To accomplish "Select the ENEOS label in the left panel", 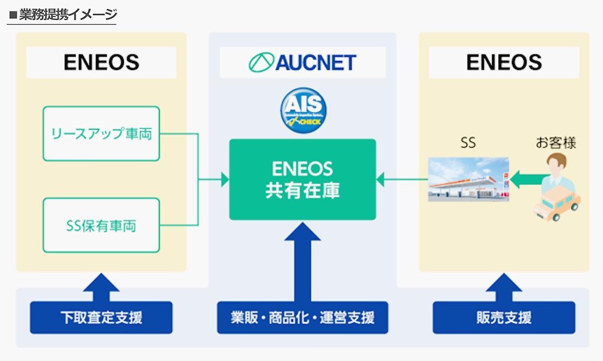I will click(x=101, y=62).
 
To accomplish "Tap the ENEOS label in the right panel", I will click(x=504, y=62).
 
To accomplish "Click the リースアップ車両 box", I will click(x=101, y=134).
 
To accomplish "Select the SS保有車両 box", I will click(x=101, y=226).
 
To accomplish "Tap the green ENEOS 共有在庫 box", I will click(x=303, y=179).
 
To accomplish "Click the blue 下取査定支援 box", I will click(x=101, y=317).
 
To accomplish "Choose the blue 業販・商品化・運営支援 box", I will click(x=303, y=317).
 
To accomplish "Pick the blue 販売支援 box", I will click(x=504, y=317).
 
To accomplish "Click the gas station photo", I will click(x=468, y=179).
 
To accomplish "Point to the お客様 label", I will click(x=556, y=142).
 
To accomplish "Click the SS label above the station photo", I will click(x=468, y=143).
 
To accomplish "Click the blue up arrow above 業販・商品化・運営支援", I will click(x=303, y=258).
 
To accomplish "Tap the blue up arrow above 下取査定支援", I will click(x=101, y=287).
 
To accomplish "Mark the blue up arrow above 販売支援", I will click(x=504, y=287).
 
